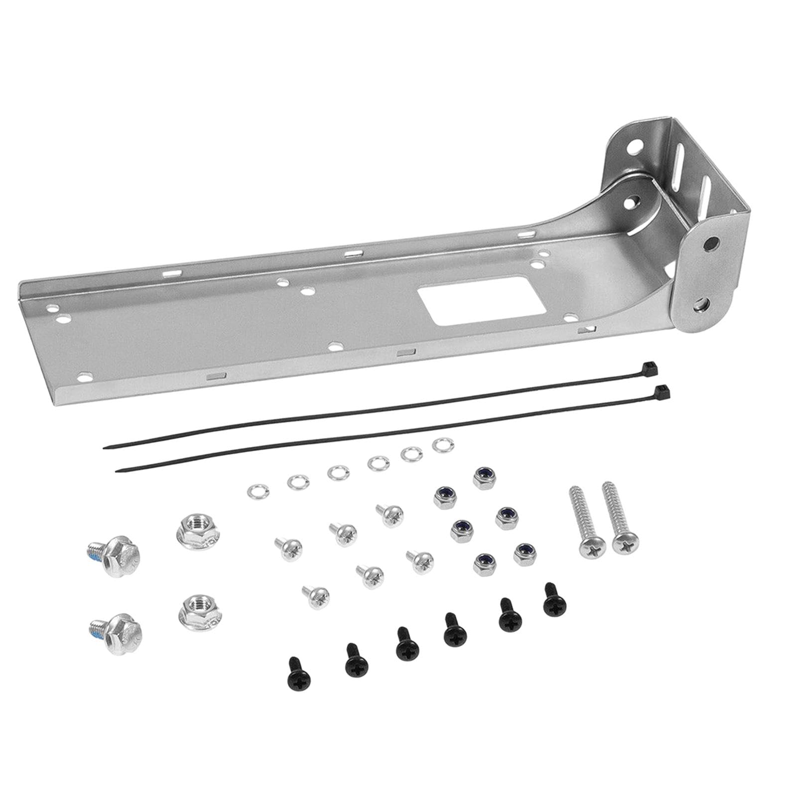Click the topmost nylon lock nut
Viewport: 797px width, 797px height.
(483, 478)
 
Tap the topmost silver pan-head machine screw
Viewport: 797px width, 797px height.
(390, 516)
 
